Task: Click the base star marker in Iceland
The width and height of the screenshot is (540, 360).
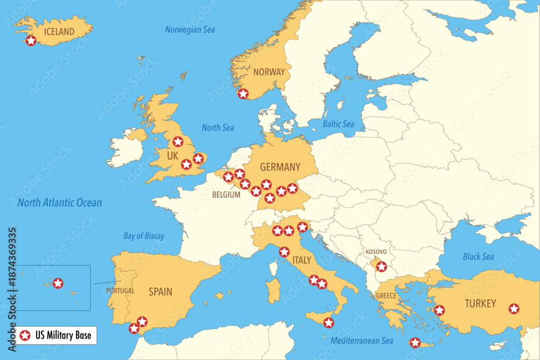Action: coord(31,40)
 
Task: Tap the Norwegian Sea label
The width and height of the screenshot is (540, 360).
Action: coord(190,30)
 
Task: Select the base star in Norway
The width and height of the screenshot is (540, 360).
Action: coord(243,94)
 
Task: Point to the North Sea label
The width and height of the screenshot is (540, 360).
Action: coord(218,127)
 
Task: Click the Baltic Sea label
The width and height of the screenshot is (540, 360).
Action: coord(339,124)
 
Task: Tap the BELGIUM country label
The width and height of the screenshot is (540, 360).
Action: coord(226,195)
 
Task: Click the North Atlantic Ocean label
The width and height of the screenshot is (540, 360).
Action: coord(59,203)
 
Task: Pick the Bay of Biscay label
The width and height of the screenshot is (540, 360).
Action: coord(144,236)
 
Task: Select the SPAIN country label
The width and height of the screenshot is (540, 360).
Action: coord(160,292)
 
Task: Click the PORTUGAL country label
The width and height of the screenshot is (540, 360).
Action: coord(120,290)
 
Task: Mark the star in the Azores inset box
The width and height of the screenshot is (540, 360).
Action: coord(58,283)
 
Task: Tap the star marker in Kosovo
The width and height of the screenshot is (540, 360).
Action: coord(381,266)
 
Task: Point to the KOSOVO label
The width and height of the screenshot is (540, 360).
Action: coord(376,252)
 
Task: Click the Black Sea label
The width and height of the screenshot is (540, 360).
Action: coord(478,257)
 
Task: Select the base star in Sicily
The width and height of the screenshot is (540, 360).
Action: coord(328,323)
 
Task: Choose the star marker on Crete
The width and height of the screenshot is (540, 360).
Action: coord(415,342)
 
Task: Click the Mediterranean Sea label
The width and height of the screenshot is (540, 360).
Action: coord(362,341)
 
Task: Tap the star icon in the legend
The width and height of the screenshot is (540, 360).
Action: coord(24,336)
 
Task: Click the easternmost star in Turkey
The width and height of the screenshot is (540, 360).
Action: coord(514,309)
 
